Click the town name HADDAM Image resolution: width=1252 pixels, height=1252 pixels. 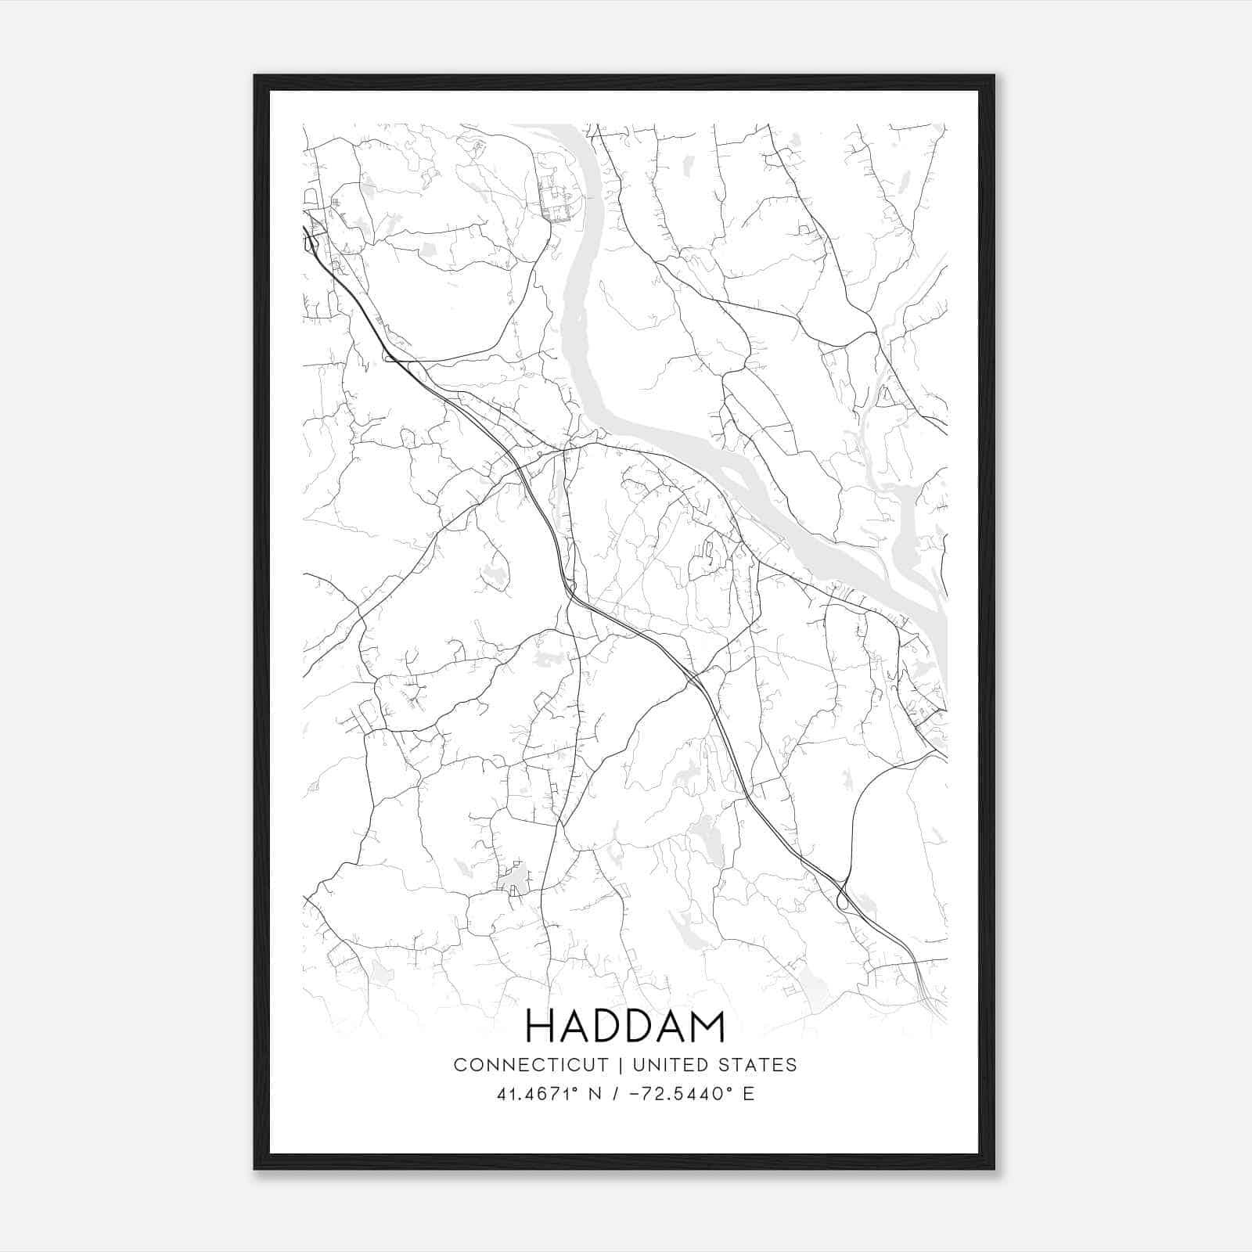click(x=625, y=1026)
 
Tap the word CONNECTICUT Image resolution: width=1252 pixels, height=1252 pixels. click(x=531, y=1065)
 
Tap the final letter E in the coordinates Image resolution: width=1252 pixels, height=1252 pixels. click(x=749, y=1094)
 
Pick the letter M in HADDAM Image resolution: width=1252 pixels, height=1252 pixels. click(x=707, y=1026)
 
